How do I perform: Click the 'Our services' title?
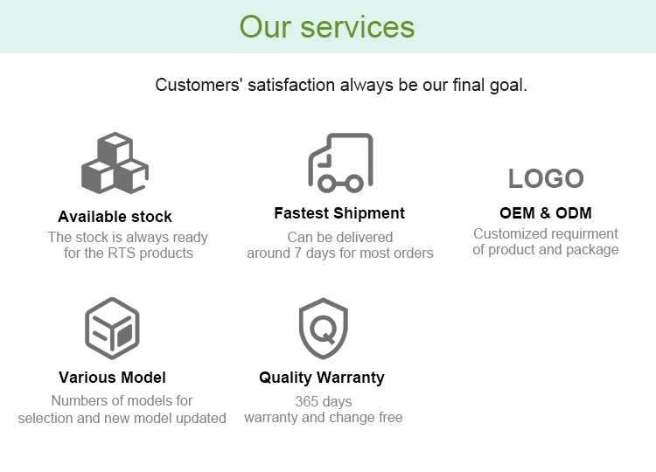pos(327,26)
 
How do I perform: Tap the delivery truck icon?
pos(340,163)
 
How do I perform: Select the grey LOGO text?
pos(546,178)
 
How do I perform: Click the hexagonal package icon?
pos(112,328)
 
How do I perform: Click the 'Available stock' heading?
pos(115,217)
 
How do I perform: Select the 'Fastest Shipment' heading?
pos(339,213)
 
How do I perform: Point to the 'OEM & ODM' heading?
pos(546,213)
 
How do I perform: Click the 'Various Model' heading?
pos(112,378)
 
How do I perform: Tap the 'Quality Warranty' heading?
pos(322,378)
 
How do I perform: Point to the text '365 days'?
pos(324,401)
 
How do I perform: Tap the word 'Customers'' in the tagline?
pos(186,86)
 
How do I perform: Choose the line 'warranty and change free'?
pos(324,417)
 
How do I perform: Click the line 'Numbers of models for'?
pos(122,400)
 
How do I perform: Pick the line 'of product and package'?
pos(546,249)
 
